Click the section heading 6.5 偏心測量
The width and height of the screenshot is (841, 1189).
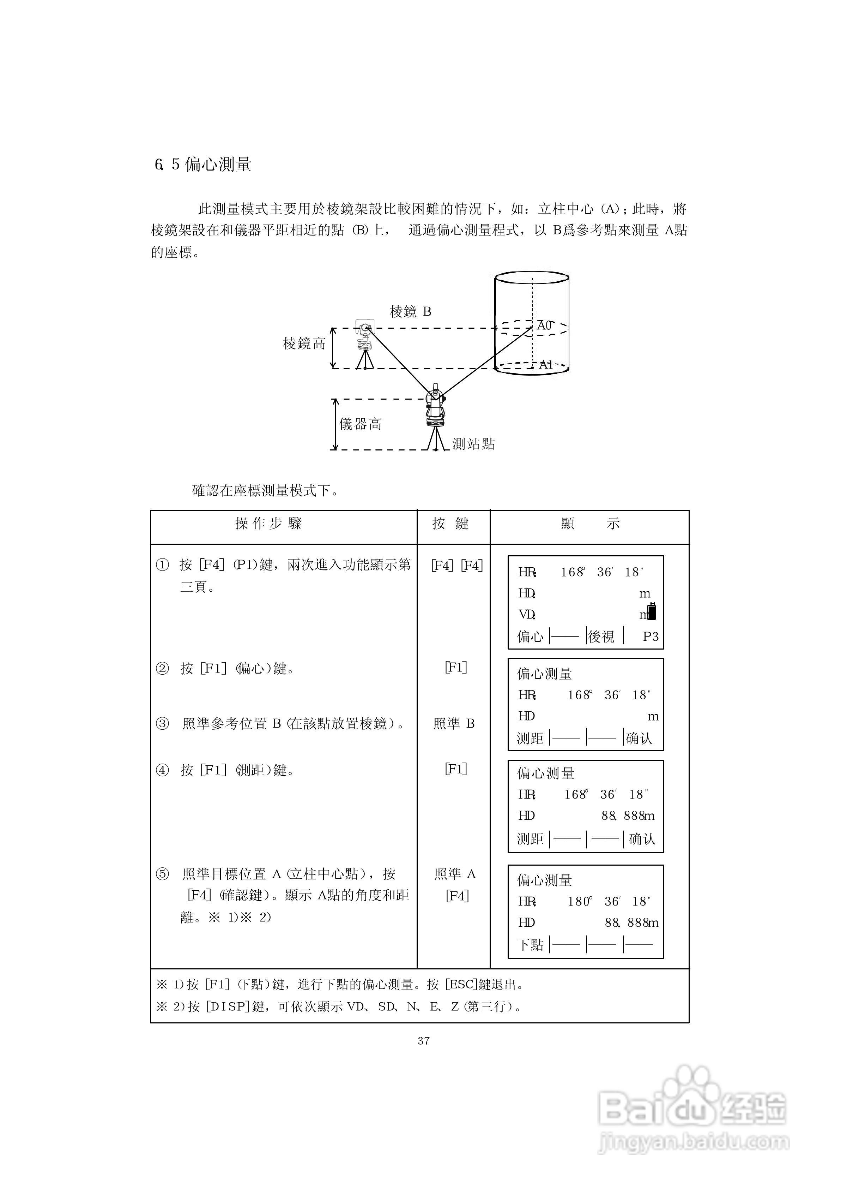click(203, 165)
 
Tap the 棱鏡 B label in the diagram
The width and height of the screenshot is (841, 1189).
click(410, 311)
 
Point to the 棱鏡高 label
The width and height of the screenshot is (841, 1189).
click(304, 343)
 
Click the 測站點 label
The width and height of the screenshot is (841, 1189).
click(473, 444)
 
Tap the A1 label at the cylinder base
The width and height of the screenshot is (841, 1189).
click(546, 364)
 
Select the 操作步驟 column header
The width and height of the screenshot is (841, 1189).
click(268, 524)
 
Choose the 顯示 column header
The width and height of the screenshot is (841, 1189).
click(590, 524)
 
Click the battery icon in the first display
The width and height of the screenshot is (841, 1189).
click(652, 611)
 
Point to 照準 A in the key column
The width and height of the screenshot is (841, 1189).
click(455, 874)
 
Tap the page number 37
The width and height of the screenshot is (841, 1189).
click(424, 1041)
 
